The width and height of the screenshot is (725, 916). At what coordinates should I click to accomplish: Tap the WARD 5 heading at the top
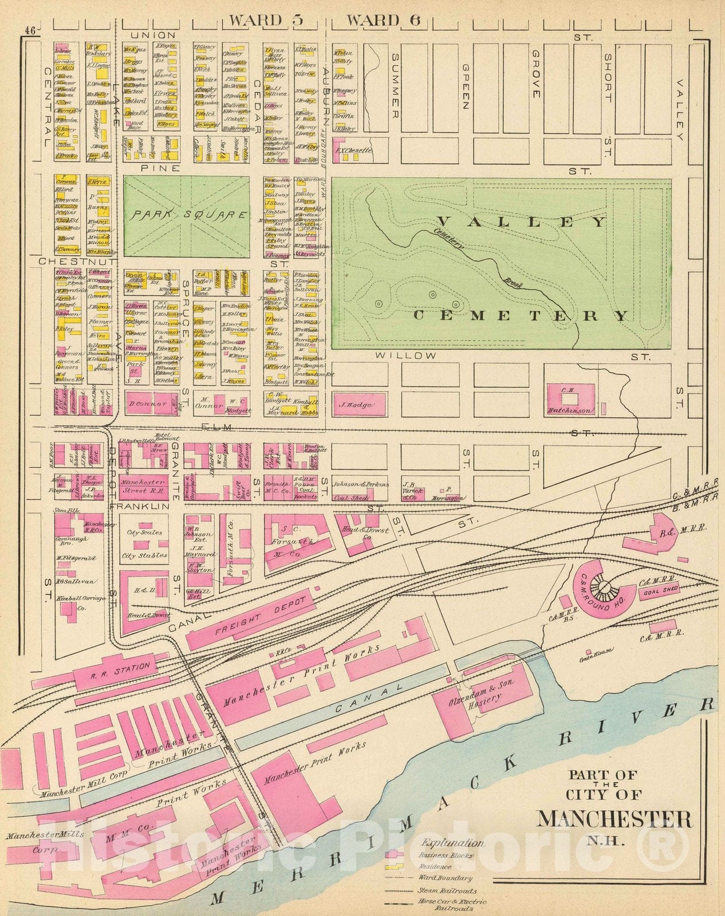266,21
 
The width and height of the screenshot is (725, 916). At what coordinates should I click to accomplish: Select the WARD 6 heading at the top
384,21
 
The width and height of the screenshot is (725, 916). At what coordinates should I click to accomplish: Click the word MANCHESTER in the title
613,819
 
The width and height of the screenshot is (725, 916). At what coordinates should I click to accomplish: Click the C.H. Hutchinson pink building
573,399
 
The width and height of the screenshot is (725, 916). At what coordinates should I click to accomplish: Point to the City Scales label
144,532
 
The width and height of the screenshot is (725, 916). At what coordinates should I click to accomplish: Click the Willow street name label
406,356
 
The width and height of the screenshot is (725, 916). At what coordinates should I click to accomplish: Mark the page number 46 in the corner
30,32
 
